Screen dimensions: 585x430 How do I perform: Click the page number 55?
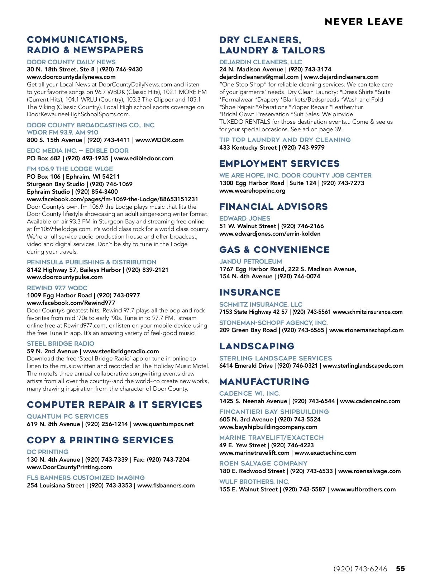point(400,569)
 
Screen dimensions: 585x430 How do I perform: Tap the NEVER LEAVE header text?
point(364,22)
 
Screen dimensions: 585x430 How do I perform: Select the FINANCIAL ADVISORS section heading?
point(273,207)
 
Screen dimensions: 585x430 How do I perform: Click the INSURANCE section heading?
point(250,292)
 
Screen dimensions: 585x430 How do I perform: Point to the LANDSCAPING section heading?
point(257,346)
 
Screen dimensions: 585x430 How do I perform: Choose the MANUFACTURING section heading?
point(264,382)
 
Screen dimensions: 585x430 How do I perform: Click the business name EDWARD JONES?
point(245,218)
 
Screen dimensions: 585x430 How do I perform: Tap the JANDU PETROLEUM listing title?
point(250,261)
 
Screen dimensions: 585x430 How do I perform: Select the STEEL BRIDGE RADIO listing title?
point(61,344)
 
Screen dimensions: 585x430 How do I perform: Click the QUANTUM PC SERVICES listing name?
point(67,416)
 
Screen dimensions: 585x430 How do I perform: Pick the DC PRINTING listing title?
point(48,452)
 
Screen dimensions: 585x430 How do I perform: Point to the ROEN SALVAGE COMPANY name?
point(263,463)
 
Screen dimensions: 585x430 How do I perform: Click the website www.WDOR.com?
point(159,140)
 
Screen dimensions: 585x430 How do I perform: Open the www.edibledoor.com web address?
point(143,158)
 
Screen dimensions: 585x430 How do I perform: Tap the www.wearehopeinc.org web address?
point(252,190)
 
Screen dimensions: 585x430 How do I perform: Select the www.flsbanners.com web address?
point(166,485)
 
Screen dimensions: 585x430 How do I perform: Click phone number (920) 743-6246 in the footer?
point(360,569)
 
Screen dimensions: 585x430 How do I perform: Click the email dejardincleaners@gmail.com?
point(259,77)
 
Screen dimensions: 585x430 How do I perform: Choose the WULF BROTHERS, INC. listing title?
point(254,482)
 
